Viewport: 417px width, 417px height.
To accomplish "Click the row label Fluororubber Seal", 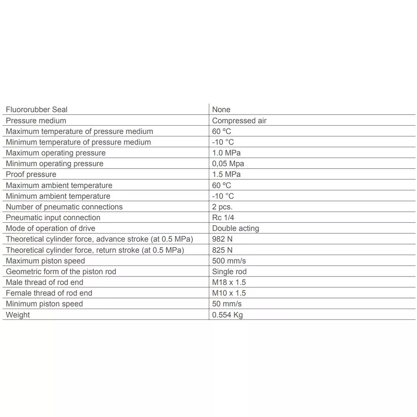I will pos(37,110).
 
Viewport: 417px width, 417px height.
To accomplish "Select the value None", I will pos(221,110).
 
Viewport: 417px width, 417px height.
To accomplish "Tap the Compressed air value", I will pos(239,121).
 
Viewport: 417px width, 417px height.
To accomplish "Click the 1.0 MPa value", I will pos(226,153).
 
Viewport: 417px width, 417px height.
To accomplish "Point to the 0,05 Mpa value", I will pos(228,164).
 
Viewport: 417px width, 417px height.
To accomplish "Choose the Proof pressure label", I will pos(31,174).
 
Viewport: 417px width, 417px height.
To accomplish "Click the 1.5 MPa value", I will pos(226,174).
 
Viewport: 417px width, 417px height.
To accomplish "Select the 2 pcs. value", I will pos(222,207).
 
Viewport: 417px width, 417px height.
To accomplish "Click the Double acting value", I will pos(236,229).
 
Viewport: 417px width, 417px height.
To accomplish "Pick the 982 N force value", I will pos(223,239).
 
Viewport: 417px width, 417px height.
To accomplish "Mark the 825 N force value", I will pos(223,250).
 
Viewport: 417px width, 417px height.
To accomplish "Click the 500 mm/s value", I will pos(229,261).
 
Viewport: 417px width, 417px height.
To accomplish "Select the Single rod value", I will pos(229,272).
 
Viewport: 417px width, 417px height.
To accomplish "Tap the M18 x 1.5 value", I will pos(229,282).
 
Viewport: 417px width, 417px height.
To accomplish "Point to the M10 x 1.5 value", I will pos(229,293).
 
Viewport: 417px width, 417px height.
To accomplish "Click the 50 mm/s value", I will pos(227,304).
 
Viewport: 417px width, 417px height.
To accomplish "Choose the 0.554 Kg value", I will pos(227,315).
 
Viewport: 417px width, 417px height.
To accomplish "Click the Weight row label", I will pos(18,315).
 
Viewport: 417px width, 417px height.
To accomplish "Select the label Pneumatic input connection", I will pos(53,218).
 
